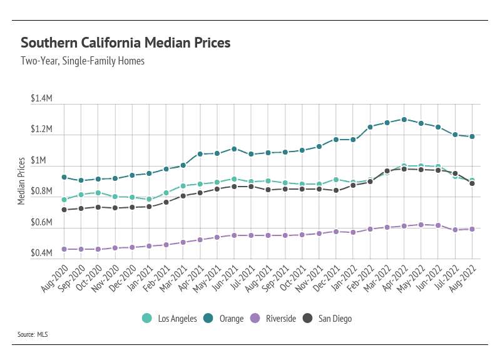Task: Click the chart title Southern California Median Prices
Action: coord(126,43)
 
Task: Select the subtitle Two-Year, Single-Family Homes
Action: coord(83,61)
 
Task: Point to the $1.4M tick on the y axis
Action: coord(41,100)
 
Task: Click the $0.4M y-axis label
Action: coord(41,254)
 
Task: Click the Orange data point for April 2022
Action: coord(404,119)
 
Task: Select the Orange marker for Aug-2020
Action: coord(64,177)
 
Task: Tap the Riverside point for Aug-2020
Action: coord(64,249)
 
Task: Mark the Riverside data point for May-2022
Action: coord(421,225)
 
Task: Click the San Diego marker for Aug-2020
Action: coord(64,210)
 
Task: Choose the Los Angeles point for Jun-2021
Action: coord(234,179)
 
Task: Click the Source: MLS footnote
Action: coord(34,335)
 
